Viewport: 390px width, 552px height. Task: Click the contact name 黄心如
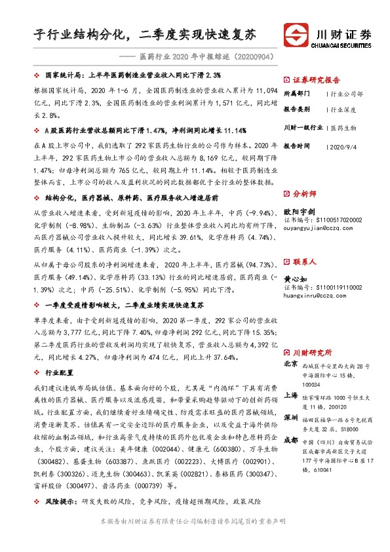pos(296,277)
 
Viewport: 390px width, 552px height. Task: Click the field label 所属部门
pos(299,95)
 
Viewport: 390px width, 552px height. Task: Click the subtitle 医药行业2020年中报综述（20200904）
pos(195,57)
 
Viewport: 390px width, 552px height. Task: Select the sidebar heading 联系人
pos(305,262)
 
